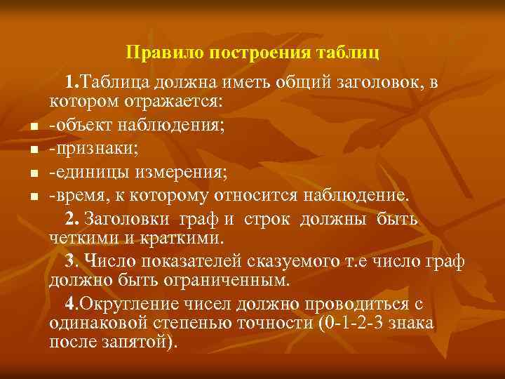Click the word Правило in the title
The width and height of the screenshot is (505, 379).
click(157, 53)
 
